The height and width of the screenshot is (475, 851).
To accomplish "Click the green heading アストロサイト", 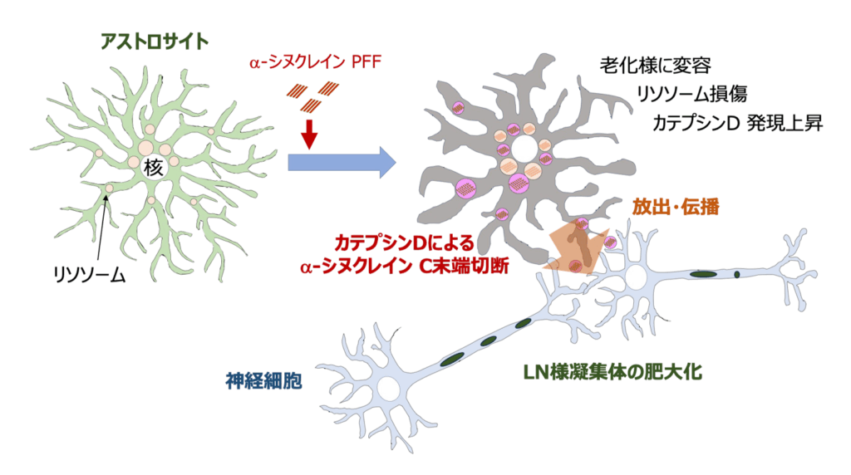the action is click(x=154, y=42).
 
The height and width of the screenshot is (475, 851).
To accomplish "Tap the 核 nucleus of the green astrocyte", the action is click(x=154, y=168).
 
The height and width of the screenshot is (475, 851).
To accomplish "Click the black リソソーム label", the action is click(x=90, y=275).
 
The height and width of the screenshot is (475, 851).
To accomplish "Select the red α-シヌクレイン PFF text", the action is click(x=315, y=62).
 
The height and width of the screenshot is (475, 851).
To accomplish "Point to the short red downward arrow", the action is click(x=309, y=134).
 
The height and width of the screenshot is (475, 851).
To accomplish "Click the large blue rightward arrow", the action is click(x=342, y=162).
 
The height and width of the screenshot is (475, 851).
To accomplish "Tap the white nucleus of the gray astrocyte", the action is click(x=524, y=148).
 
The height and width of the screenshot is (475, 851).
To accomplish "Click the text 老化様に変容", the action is click(x=655, y=66).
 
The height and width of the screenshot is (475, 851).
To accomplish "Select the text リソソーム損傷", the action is click(x=691, y=94).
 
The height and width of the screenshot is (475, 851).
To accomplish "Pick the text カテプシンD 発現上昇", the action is click(x=737, y=123).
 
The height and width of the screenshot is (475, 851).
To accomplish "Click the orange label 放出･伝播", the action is click(x=676, y=207).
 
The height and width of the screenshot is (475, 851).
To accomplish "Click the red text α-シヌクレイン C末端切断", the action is click(x=404, y=267).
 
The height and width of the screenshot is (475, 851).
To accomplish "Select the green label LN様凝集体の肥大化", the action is click(x=612, y=372).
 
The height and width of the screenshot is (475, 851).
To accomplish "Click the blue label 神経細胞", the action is click(x=263, y=380).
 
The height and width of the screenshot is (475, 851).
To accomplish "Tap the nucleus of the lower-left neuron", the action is click(x=389, y=389).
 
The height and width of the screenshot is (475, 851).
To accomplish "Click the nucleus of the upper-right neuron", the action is click(x=634, y=277).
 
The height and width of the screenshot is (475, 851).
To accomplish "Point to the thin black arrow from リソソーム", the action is click(x=102, y=228).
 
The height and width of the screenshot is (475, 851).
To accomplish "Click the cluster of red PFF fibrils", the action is click(x=312, y=96).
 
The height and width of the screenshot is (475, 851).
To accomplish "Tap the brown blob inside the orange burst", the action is click(x=581, y=244).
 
